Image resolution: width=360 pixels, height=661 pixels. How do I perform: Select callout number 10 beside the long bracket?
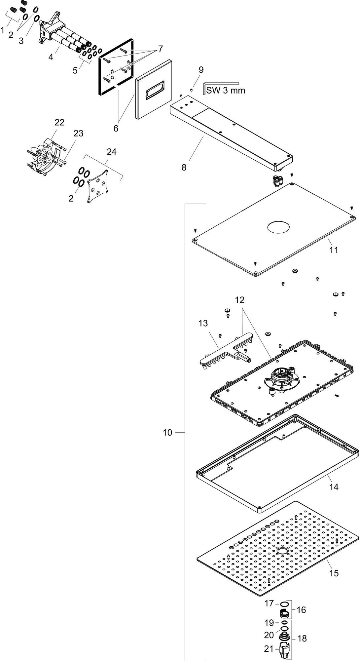coord(167,432)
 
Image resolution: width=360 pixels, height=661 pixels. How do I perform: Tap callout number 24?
coord(112,152)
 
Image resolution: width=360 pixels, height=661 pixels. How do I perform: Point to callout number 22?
coord(59,123)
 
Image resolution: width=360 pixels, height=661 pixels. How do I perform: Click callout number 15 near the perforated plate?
coord(334,573)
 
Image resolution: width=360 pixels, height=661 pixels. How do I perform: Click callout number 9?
coord(201,70)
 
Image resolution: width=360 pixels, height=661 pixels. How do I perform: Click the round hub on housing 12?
coord(282,379)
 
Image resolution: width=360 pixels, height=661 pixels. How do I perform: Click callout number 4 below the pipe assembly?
coord(51,57)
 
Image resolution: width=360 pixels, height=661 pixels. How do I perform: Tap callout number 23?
coord(78,134)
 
